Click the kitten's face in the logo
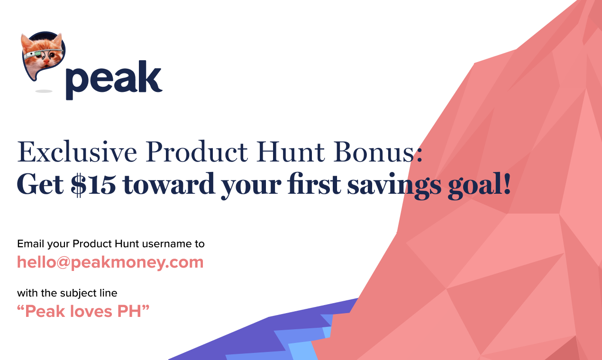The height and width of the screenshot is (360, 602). [44, 59]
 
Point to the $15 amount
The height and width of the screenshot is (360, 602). [93, 185]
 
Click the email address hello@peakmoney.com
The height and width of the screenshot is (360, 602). [110, 262]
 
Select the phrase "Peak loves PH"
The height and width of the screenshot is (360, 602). [83, 311]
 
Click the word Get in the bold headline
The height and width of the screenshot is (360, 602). [40, 185]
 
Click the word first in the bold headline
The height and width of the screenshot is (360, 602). [316, 185]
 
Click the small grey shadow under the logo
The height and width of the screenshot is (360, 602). [44, 91]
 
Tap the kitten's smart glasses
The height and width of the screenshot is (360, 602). [43, 53]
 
